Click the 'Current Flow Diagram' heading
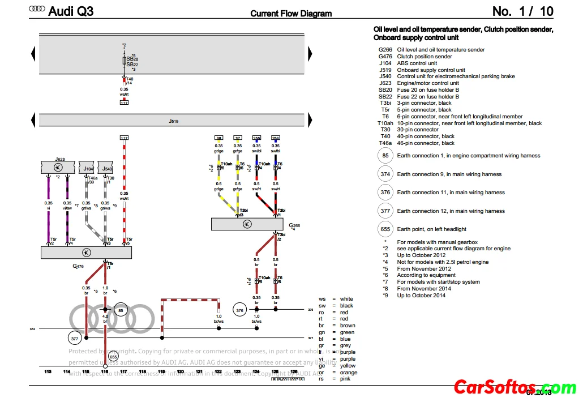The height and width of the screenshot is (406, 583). click(x=291, y=14)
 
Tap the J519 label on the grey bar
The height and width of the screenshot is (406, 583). click(x=173, y=121)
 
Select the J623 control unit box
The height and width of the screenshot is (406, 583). click(x=59, y=168)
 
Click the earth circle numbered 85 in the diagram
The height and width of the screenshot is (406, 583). click(x=121, y=310)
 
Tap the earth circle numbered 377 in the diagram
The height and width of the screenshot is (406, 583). click(x=75, y=338)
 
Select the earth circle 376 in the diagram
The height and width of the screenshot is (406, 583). click(x=239, y=310)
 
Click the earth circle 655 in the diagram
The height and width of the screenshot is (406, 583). click(x=113, y=356)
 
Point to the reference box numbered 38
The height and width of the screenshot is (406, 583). click(x=218, y=138)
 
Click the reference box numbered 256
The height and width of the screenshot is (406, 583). click(x=276, y=138)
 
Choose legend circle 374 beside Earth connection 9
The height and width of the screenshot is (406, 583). click(x=385, y=174)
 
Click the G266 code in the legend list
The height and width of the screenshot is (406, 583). click(x=385, y=50)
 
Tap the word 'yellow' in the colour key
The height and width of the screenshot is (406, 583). click(x=348, y=366)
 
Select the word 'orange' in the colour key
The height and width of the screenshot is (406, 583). click(x=349, y=373)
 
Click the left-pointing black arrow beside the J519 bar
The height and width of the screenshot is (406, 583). click(x=33, y=121)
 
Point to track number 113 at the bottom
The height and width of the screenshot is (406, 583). click(x=48, y=371)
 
